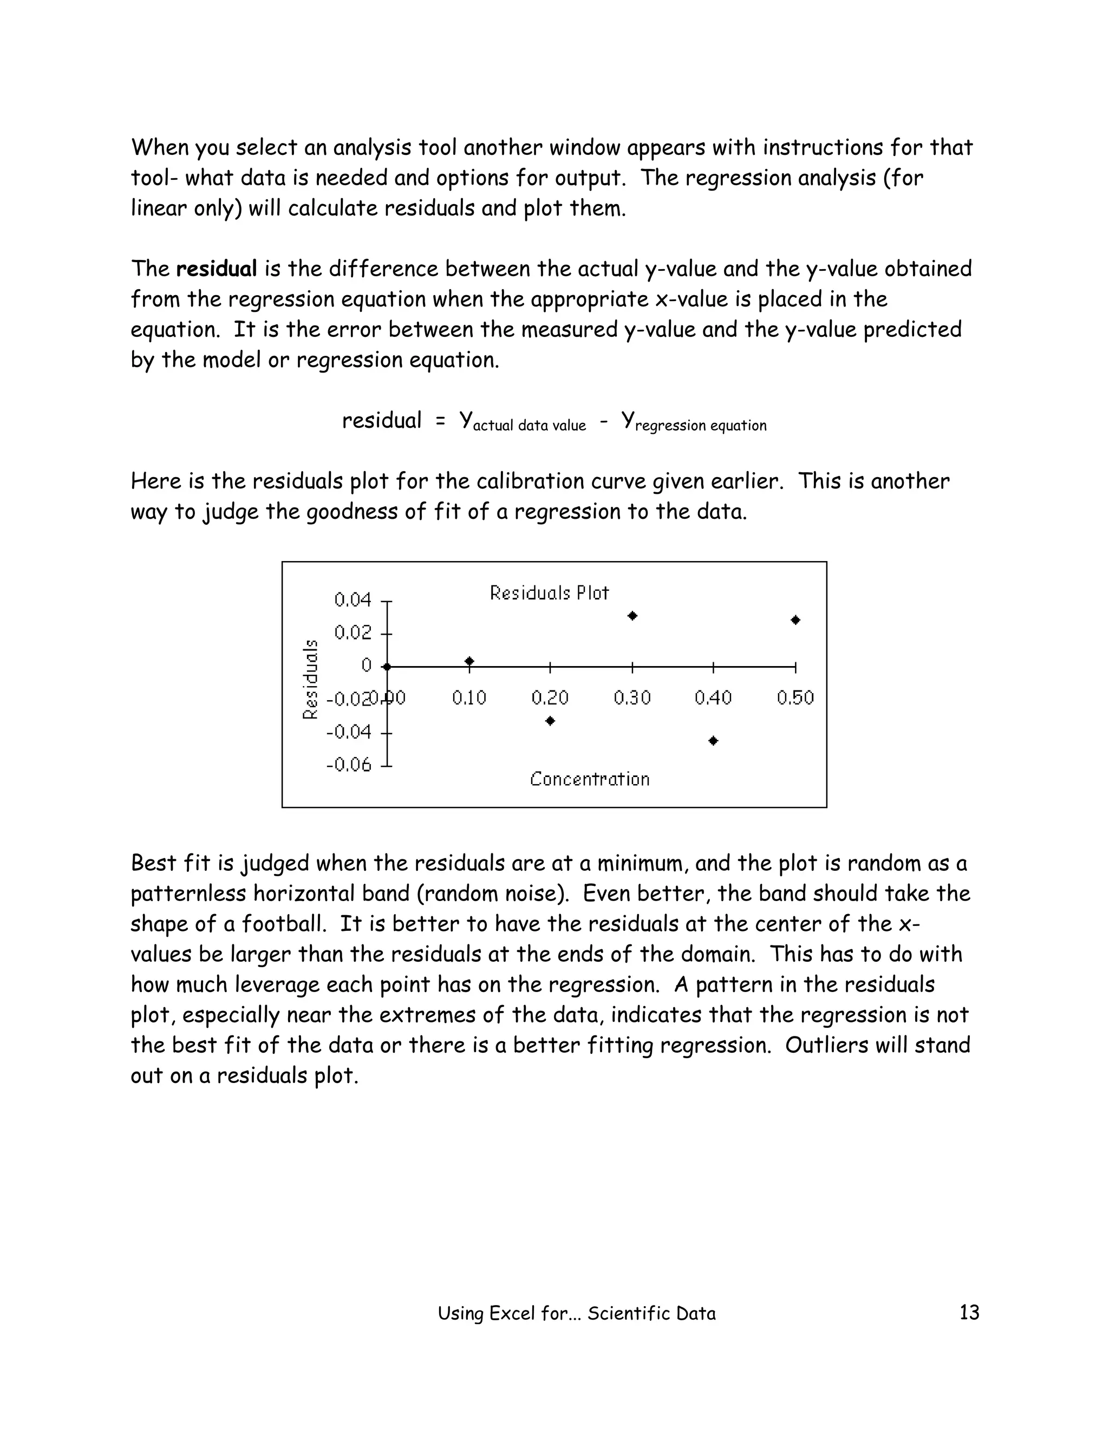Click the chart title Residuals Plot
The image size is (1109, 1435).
coord(549,593)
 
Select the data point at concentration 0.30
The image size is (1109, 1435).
coord(632,616)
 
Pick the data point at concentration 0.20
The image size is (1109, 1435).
coord(551,721)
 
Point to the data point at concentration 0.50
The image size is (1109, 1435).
coord(795,619)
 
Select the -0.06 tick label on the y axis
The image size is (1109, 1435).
coord(349,765)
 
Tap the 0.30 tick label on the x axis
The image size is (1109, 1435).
coord(632,698)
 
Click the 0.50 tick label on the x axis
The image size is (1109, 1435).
coord(795,698)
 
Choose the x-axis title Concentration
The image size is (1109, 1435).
coord(589,779)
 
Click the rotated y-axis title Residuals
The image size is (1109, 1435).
coord(310,680)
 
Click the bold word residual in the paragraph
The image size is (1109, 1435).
coord(216,269)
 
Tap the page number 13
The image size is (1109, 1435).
coord(969,1312)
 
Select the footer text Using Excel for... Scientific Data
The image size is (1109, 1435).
coord(576,1314)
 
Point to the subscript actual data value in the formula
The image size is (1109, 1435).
coord(529,426)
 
